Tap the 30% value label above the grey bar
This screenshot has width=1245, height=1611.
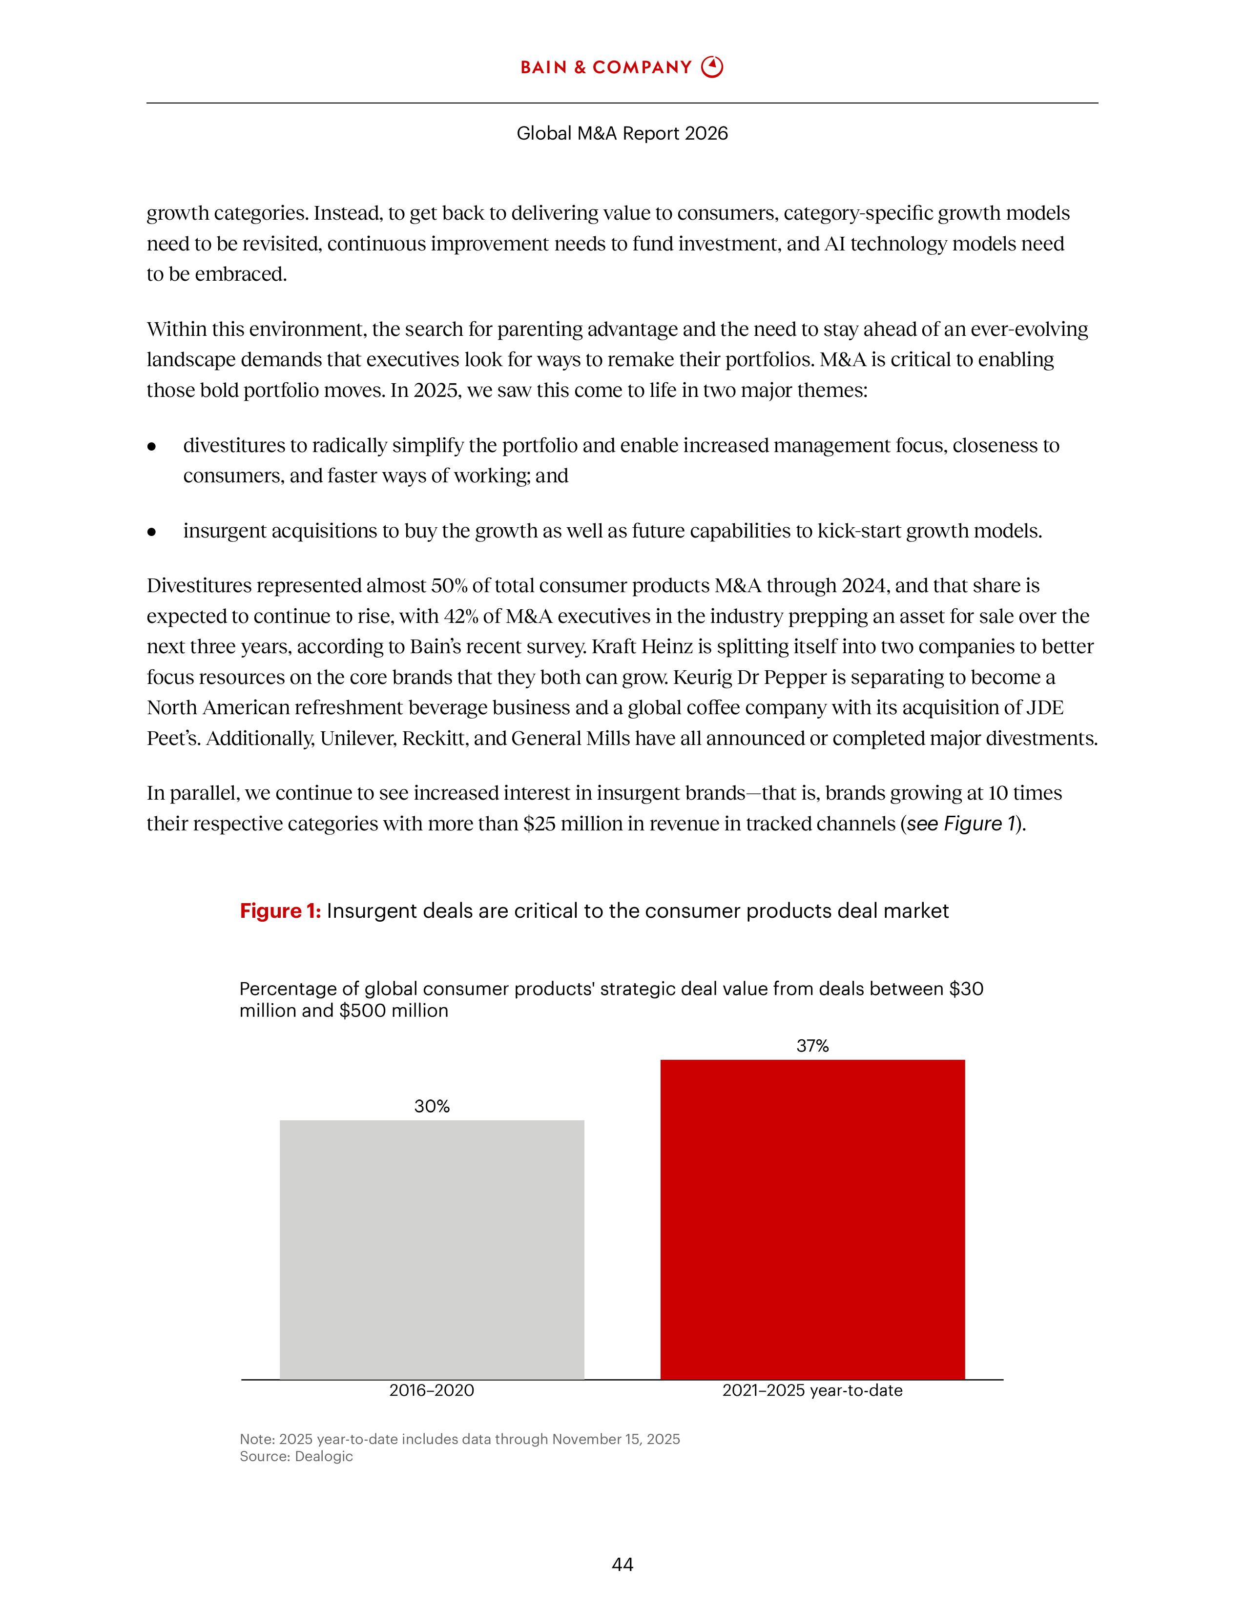(x=432, y=1106)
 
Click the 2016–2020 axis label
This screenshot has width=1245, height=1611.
(x=432, y=1390)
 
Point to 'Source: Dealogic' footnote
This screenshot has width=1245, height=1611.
(x=296, y=1456)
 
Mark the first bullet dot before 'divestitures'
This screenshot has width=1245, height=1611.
(x=152, y=446)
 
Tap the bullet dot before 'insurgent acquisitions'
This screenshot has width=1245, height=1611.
(x=152, y=531)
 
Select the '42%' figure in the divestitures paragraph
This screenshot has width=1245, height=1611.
(x=460, y=616)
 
